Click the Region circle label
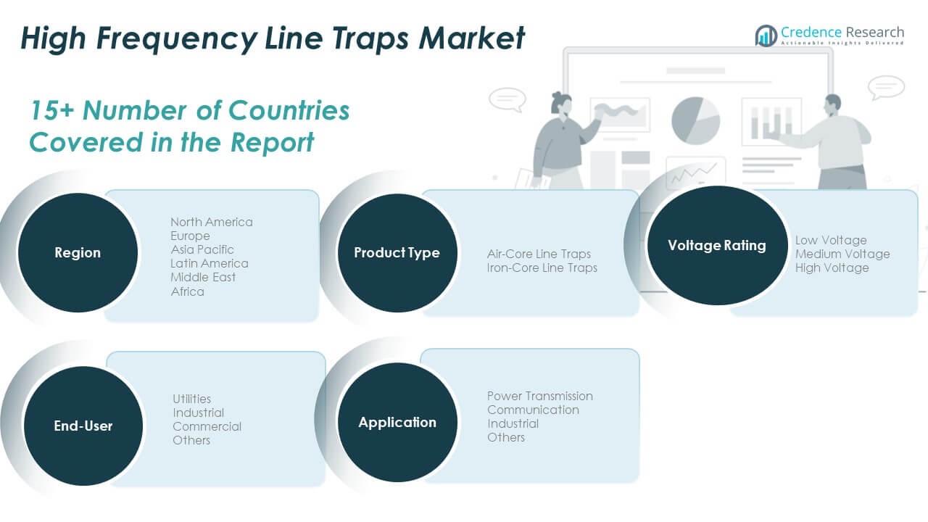tap(78, 252)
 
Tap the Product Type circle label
tap(397, 252)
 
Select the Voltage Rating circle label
tap(717, 245)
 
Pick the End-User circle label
tap(83, 426)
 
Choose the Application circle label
tap(397, 422)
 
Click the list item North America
tap(212, 222)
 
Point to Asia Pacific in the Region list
tap(202, 249)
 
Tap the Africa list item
tap(187, 291)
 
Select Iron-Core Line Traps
tap(542, 268)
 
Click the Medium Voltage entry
tap(842, 254)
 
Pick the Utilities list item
tap(192, 399)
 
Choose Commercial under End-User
tap(207, 426)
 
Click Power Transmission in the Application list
tap(540, 396)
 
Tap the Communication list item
tap(533, 410)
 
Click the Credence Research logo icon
tap(766, 36)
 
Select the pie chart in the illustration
tap(695, 120)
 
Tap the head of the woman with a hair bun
tap(561, 104)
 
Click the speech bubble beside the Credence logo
tap(886, 88)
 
